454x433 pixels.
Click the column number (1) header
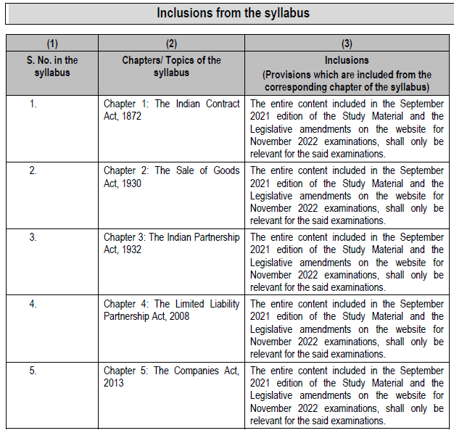[x=51, y=44]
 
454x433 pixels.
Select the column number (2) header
[x=171, y=44]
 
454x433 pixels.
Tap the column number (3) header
[x=347, y=44]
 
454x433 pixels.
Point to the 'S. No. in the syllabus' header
[x=51, y=66]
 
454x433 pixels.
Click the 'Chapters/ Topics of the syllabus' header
[x=171, y=66]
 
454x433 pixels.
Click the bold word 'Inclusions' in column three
[x=347, y=60]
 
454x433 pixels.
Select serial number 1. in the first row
[x=33, y=104]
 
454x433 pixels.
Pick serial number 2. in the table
[x=33, y=170]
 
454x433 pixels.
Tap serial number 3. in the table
[x=33, y=237]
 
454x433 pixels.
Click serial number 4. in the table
[x=33, y=304]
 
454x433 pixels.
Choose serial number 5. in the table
[x=33, y=371]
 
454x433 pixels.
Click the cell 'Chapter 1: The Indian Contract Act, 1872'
[x=171, y=110]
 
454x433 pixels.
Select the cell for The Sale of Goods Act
[x=171, y=176]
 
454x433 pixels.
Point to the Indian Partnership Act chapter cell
[x=171, y=243]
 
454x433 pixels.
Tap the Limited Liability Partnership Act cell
[x=171, y=310]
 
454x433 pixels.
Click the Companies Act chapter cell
[x=171, y=376]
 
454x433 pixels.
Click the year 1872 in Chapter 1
[x=131, y=116]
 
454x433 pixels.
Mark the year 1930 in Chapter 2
[x=131, y=183]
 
